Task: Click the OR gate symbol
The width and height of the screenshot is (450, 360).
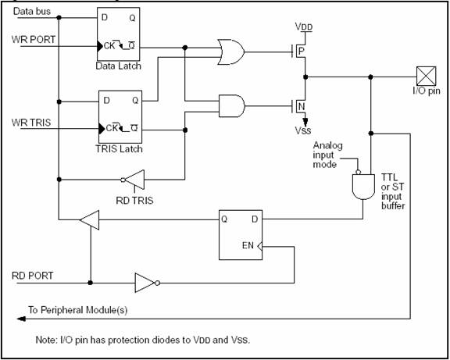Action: pos(231,52)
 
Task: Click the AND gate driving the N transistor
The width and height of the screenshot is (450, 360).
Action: pos(232,106)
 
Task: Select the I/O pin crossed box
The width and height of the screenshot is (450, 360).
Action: pos(427,76)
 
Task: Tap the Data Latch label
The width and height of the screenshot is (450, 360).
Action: pos(118,66)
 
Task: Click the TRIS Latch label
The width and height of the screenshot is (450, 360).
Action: pos(119,149)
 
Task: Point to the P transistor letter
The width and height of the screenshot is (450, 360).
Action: pos(301,52)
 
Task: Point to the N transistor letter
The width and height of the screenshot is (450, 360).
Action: pos(302,107)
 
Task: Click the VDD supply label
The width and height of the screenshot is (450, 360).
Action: pos(304,27)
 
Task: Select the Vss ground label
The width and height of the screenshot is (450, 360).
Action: pos(303,130)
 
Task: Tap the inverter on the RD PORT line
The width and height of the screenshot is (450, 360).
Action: pos(145,283)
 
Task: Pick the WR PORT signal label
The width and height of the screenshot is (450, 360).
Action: pos(34,39)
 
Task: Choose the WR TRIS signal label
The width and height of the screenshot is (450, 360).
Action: pos(31,123)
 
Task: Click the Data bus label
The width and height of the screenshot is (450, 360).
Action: pos(32,12)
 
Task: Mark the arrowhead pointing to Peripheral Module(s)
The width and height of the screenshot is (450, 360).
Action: pos(21,319)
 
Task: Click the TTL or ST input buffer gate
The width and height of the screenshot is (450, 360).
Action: pos(363,187)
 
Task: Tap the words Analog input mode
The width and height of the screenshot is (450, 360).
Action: pos(327,155)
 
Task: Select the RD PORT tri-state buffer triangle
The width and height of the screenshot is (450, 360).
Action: pos(90,220)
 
